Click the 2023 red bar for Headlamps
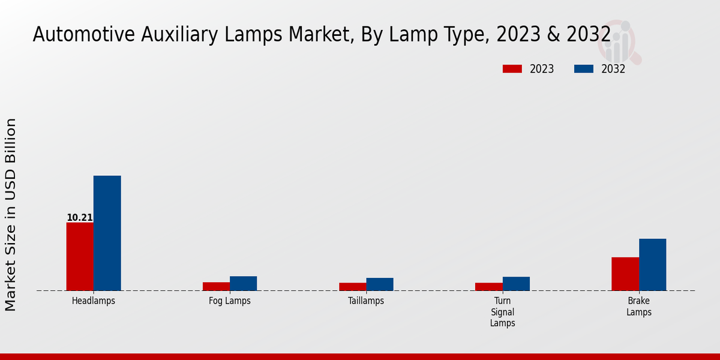(80, 257)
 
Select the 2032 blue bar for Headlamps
(107, 233)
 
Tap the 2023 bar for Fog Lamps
(216, 286)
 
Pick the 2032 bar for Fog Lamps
(243, 283)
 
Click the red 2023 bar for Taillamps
(352, 287)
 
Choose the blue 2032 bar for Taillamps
(380, 284)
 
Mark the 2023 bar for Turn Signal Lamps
(488, 287)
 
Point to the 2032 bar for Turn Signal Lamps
(516, 284)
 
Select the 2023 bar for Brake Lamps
(625, 274)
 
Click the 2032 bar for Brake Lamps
(652, 265)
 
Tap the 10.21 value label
(79, 218)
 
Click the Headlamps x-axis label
(93, 301)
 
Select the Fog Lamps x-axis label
(230, 301)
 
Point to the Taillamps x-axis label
(366, 301)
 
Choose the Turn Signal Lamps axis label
(502, 312)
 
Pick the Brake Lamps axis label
(639, 307)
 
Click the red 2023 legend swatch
(512, 69)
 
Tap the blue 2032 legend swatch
(583, 69)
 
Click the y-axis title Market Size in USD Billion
(11, 214)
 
